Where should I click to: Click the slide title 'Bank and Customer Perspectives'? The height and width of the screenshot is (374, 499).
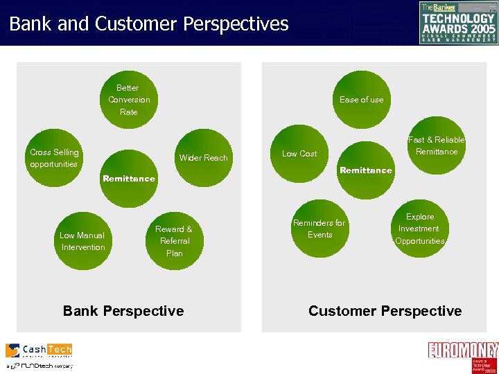click(148, 24)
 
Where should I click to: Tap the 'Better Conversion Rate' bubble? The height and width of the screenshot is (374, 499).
click(129, 100)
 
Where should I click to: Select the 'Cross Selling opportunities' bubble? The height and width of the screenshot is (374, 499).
click(55, 158)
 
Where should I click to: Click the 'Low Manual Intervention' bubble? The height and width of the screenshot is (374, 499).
click(83, 241)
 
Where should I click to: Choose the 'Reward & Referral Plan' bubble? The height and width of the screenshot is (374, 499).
click(174, 240)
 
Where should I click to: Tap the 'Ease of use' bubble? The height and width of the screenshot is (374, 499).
click(361, 100)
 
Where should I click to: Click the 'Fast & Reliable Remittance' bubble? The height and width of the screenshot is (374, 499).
click(436, 145)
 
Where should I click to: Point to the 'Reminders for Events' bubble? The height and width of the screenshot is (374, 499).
click(319, 229)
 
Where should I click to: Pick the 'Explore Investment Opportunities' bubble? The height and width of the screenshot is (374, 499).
click(419, 229)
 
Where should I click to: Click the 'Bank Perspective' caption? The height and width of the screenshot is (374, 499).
click(123, 311)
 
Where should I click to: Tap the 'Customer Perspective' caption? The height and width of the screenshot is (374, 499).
click(385, 311)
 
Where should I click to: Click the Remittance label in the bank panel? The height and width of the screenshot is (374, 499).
click(129, 179)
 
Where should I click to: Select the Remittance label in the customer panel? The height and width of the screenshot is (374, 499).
click(366, 170)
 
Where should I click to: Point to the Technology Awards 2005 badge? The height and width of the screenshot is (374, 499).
click(458, 22)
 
